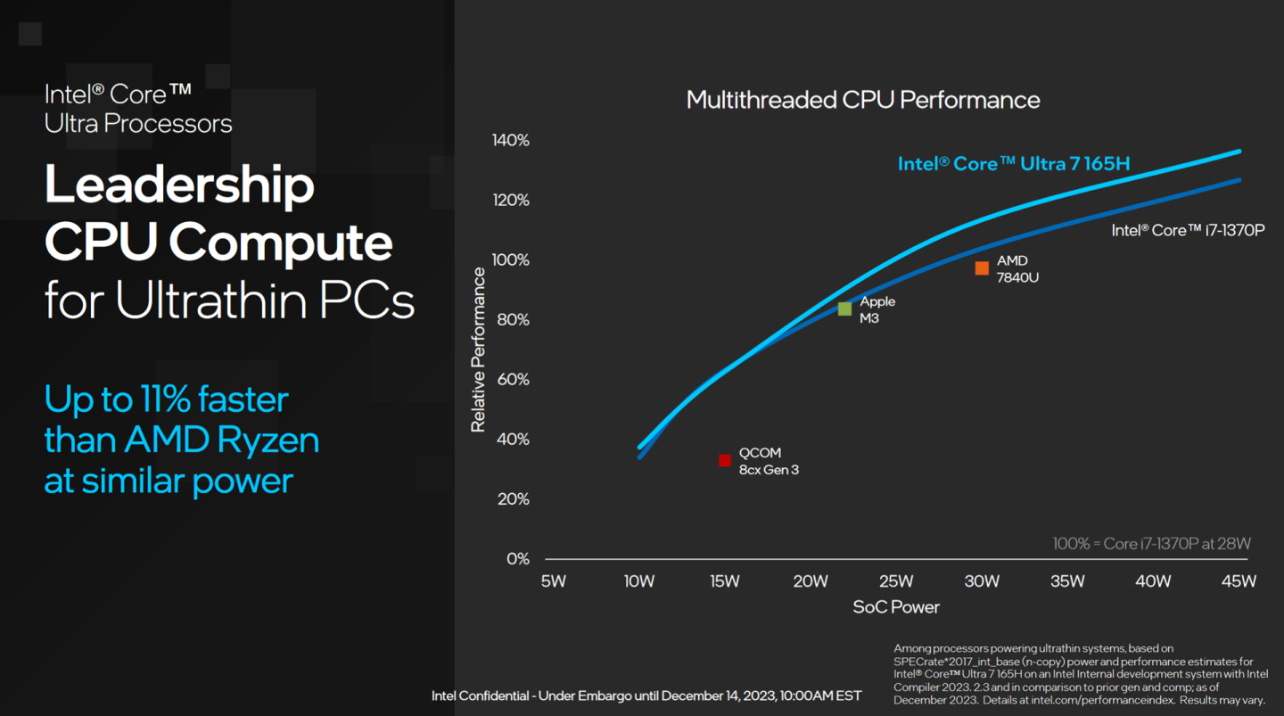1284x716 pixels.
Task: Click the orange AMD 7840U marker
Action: (982, 268)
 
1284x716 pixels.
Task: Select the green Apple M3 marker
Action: (844, 309)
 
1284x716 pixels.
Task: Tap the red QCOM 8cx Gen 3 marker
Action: (725, 461)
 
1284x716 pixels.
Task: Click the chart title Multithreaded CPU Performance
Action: (862, 100)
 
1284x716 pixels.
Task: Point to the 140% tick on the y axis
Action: (510, 141)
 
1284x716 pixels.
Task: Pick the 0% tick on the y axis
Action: (517, 559)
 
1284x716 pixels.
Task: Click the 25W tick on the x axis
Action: (895, 581)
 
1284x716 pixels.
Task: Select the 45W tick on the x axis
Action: (1238, 581)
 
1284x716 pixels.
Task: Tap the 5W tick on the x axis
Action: (553, 581)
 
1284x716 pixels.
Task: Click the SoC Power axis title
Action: (895, 607)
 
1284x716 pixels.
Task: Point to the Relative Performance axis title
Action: (479, 350)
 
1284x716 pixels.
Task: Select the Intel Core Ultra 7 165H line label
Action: (1013, 164)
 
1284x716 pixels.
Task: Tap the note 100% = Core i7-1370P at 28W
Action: (1152, 544)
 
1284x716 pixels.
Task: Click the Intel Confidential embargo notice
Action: (646, 695)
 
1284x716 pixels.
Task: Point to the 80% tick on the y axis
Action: (513, 320)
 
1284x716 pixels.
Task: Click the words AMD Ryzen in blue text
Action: (221, 440)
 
